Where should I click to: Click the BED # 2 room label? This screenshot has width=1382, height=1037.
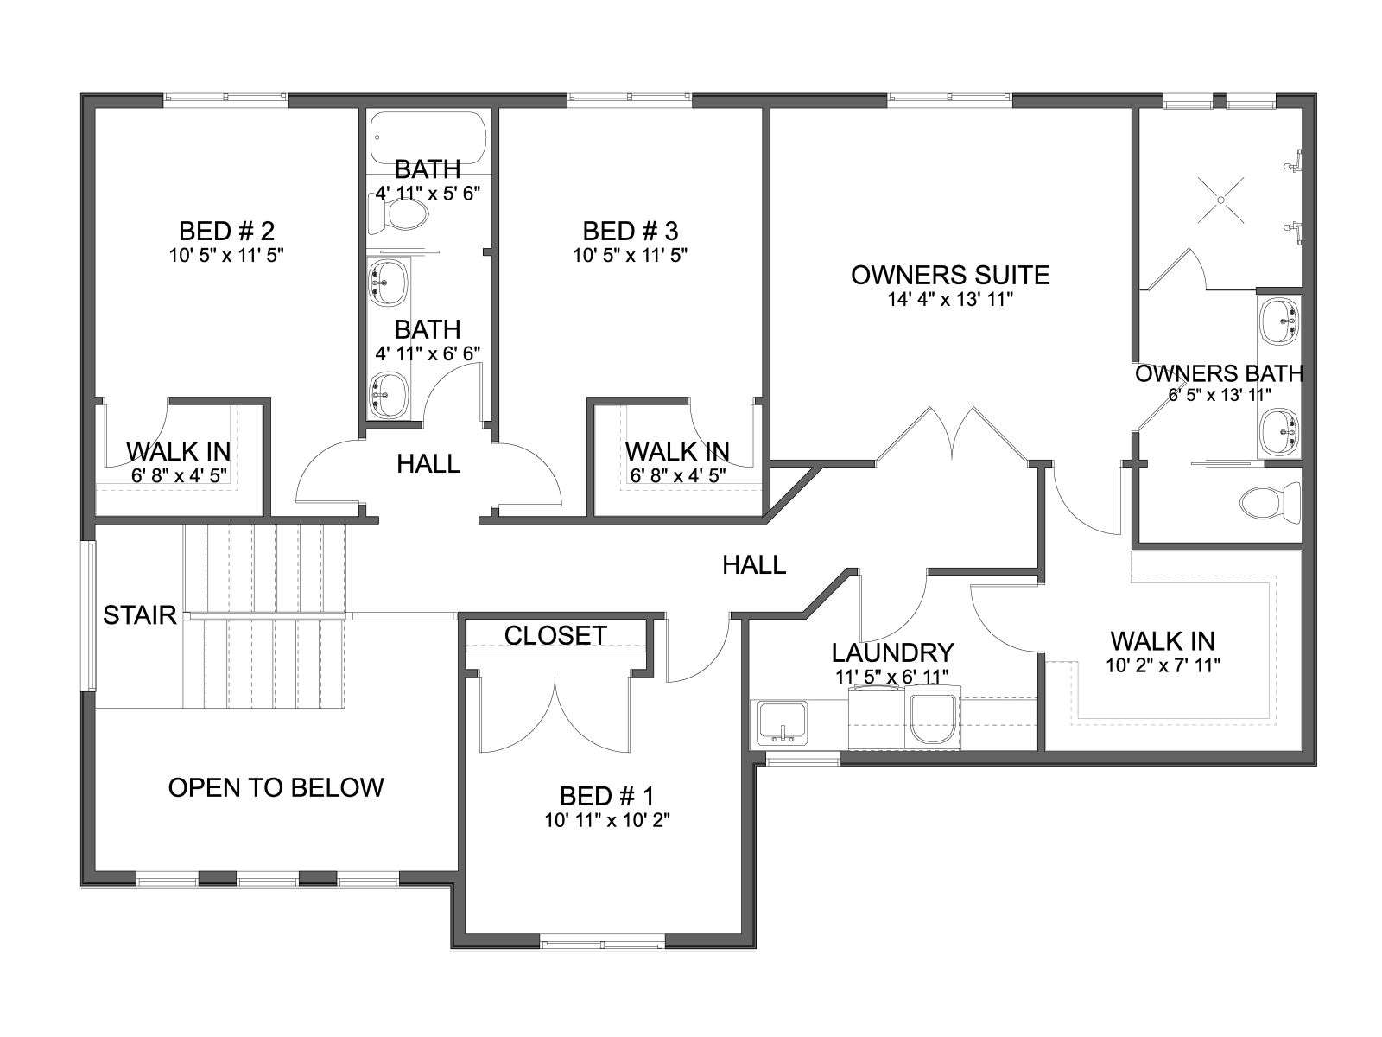pyautogui.click(x=226, y=231)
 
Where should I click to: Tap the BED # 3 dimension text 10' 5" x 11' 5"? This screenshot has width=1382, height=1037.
pyautogui.click(x=631, y=255)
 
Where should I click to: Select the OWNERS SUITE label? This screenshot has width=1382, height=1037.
pyautogui.click(x=950, y=275)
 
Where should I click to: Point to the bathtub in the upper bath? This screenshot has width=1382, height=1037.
pyautogui.click(x=428, y=137)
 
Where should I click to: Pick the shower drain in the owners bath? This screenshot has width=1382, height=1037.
pyautogui.click(x=1220, y=200)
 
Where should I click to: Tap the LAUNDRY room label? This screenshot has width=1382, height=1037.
pyautogui.click(x=893, y=653)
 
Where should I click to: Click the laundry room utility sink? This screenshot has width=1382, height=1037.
pyautogui.click(x=783, y=722)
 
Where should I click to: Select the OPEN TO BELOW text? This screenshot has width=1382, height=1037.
pyautogui.click(x=276, y=787)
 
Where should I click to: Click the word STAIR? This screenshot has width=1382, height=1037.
pyautogui.click(x=140, y=615)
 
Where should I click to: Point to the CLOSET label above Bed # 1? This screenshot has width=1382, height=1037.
pyautogui.click(x=555, y=635)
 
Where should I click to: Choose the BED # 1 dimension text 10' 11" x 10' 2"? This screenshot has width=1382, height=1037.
pyautogui.click(x=607, y=820)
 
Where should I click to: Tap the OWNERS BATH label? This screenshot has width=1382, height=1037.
pyautogui.click(x=1219, y=373)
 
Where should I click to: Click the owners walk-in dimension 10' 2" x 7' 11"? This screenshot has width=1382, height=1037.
pyautogui.click(x=1163, y=665)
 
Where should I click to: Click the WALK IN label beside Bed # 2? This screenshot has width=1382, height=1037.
pyautogui.click(x=178, y=451)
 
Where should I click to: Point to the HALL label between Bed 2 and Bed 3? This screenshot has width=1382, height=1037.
pyautogui.click(x=428, y=464)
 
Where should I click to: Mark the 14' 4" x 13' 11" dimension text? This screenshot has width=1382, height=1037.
pyautogui.click(x=950, y=299)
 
